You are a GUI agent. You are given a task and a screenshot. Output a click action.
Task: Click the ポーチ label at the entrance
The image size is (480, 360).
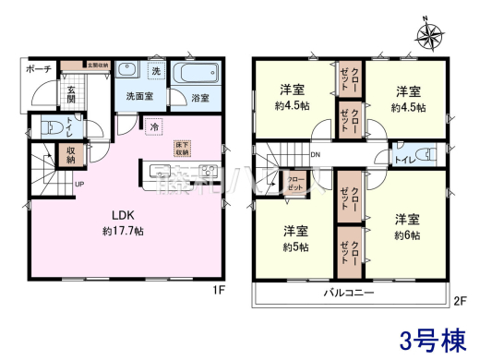[39, 68]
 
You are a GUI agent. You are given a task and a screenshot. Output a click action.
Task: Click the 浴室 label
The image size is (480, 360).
[200, 97]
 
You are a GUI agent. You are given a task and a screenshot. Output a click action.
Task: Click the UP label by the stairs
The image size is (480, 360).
[79, 182]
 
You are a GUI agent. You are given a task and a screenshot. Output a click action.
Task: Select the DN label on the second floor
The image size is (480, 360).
[315, 154]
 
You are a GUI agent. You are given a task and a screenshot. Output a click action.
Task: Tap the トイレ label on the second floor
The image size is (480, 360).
[403, 161]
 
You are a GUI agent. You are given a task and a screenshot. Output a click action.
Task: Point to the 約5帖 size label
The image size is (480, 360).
[295, 246]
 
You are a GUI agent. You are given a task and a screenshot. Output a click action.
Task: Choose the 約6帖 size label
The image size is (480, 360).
[408, 234]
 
